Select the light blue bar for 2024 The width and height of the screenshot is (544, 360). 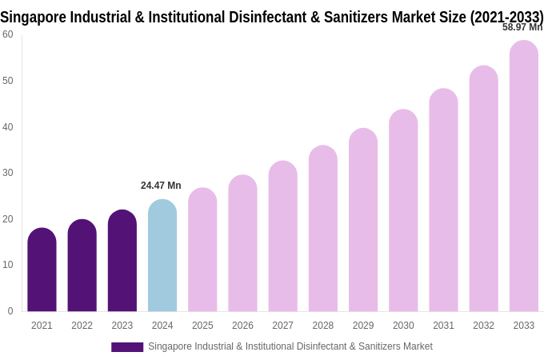162,256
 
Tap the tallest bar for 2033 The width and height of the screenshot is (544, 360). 524,176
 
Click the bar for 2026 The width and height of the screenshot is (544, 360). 242,243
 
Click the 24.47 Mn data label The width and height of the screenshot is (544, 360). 161,186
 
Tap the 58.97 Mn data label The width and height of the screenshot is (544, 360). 522,27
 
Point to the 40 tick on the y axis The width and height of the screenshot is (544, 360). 8,126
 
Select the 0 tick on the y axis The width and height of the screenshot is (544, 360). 10,311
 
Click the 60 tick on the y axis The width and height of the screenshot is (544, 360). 8,34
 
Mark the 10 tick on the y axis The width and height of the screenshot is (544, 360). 8,265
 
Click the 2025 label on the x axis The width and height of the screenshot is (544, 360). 202,326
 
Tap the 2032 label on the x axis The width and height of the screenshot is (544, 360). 483,326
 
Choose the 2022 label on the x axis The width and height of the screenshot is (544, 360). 82,326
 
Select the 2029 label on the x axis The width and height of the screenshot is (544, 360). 363,326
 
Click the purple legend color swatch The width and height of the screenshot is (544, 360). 127,347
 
